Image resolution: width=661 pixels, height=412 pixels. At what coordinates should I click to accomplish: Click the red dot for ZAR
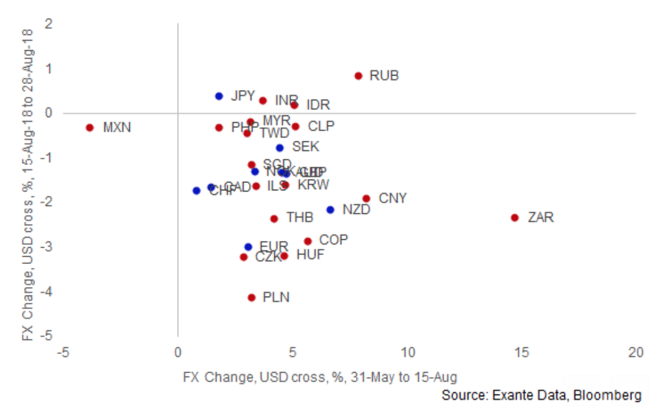click(x=515, y=217)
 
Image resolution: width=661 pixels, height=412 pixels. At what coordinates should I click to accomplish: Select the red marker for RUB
click(x=358, y=76)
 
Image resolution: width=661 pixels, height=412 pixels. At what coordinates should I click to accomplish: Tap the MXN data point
click(x=89, y=127)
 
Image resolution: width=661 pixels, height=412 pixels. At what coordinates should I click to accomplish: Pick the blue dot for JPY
click(x=219, y=96)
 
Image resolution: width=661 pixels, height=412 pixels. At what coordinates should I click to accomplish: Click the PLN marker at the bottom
click(x=252, y=297)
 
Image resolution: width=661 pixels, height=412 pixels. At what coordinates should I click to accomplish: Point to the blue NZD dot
click(x=330, y=210)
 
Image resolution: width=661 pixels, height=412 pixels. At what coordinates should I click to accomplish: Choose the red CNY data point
click(x=366, y=198)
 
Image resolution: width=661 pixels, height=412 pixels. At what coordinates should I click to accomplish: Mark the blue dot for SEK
click(x=280, y=147)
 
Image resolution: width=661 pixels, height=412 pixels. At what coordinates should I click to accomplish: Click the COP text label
click(x=334, y=240)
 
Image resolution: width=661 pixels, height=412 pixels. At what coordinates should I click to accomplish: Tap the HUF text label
click(x=310, y=255)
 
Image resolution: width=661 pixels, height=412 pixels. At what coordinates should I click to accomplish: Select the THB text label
click(x=300, y=217)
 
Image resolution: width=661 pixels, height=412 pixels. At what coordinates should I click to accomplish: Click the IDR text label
click(x=318, y=105)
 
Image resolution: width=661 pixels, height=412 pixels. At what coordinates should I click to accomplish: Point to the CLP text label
click(x=321, y=126)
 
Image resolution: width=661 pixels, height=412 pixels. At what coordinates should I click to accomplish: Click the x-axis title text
click(x=320, y=378)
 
